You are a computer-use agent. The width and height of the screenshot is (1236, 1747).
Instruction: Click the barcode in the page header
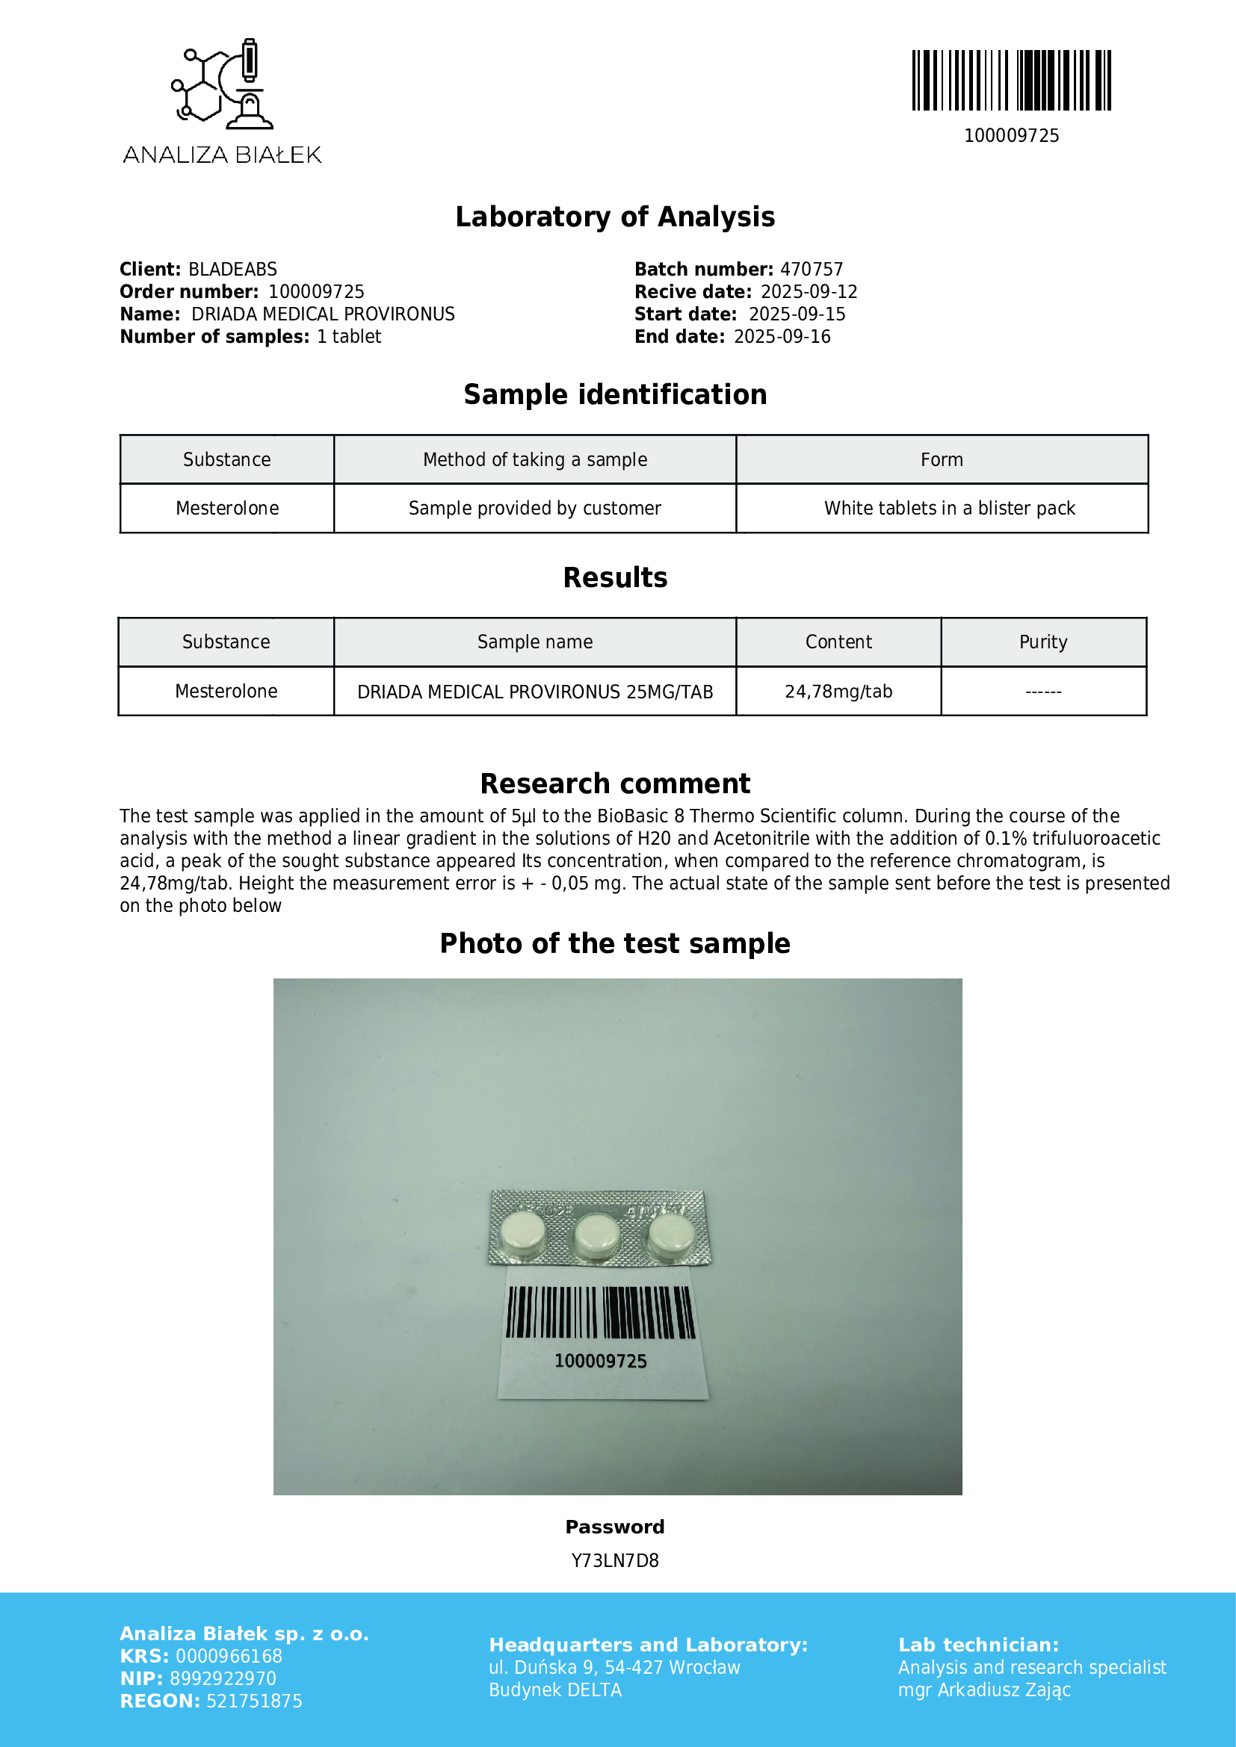(x=1011, y=81)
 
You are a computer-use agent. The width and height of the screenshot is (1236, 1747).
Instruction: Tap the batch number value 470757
(x=812, y=270)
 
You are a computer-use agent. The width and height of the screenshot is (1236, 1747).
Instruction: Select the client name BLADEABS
(x=232, y=270)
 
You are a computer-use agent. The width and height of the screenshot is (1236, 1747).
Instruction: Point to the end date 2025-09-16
(x=782, y=337)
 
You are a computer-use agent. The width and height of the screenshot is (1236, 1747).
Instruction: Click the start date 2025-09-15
(x=796, y=314)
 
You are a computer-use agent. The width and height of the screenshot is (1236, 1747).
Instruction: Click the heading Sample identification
(x=615, y=395)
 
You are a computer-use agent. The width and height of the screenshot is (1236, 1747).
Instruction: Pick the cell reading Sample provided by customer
(x=534, y=509)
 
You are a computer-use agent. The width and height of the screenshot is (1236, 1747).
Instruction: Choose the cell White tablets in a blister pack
(x=949, y=509)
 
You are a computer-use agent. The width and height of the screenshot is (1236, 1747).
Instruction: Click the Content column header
(x=838, y=642)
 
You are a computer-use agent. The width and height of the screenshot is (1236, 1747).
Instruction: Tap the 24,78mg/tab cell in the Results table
(x=838, y=692)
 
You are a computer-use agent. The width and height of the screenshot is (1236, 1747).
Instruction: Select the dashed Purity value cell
(x=1042, y=692)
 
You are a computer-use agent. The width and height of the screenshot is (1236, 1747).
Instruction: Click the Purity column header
(x=1042, y=642)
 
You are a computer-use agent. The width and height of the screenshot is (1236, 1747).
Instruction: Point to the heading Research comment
(x=615, y=783)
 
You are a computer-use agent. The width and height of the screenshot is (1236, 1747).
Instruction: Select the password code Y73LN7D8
(x=615, y=1560)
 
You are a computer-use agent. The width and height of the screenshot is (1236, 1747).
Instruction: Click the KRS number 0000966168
(x=229, y=1657)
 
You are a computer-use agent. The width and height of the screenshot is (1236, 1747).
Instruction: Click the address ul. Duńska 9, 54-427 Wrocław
(x=614, y=1668)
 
